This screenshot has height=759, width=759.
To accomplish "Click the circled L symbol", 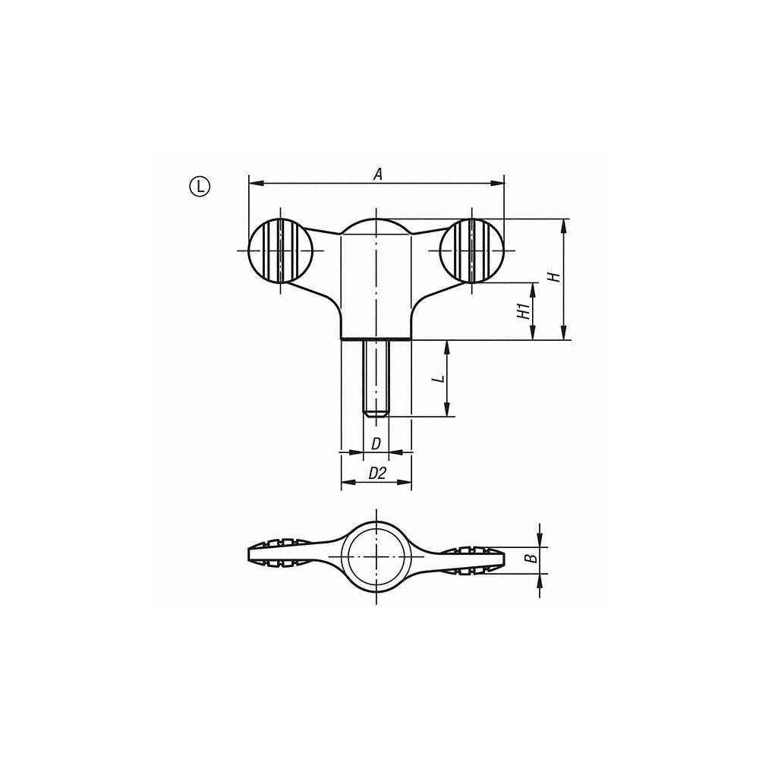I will pos(199,184).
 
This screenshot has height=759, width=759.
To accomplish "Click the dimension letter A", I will pos(377,175).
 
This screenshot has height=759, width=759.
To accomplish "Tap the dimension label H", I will pos(555,277).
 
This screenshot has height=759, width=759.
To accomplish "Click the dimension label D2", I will pos(376,474).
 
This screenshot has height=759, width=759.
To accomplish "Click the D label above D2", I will pos(375,444).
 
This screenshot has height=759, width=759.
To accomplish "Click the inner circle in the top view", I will pos(376,558).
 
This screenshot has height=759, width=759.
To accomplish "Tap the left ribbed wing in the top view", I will pos(281,557).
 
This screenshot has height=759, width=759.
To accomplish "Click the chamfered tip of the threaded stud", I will pos(376,414).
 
